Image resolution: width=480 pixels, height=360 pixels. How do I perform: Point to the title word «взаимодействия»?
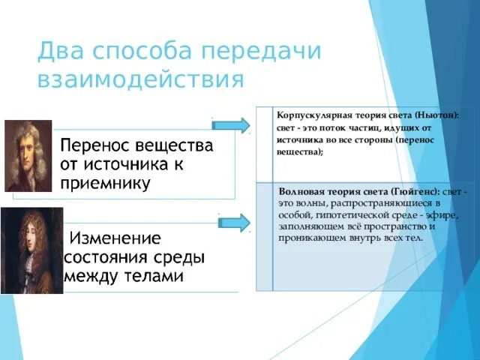141,79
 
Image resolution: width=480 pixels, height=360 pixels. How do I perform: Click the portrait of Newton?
28,155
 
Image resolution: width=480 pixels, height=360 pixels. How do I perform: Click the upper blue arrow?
234,124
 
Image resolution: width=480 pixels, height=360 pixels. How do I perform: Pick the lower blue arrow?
234,222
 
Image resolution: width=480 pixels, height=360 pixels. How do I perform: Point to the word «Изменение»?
115,239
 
